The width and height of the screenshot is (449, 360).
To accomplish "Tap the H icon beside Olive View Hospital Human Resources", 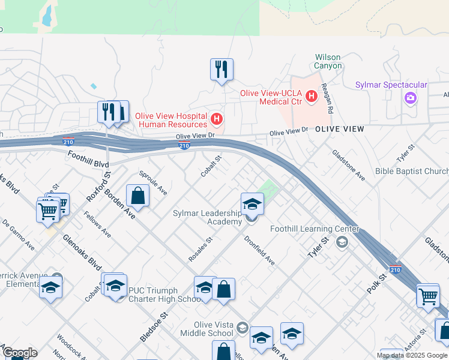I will pyautogui.click(x=217, y=118).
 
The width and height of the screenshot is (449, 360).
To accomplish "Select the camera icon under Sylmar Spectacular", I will pyautogui.click(x=411, y=97).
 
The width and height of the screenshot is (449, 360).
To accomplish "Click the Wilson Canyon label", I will pyautogui.click(x=328, y=62).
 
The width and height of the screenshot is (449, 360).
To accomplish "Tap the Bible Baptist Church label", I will pyautogui.click(x=412, y=172).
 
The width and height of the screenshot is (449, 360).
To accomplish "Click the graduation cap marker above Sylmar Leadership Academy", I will pyautogui.click(x=252, y=205).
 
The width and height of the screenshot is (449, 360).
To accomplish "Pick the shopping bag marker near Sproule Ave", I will pyautogui.click(x=137, y=196).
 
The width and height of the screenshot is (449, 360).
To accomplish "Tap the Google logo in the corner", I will pyautogui.click(x=19, y=353).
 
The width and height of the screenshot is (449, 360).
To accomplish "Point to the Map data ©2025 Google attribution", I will pyautogui.click(x=411, y=355).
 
